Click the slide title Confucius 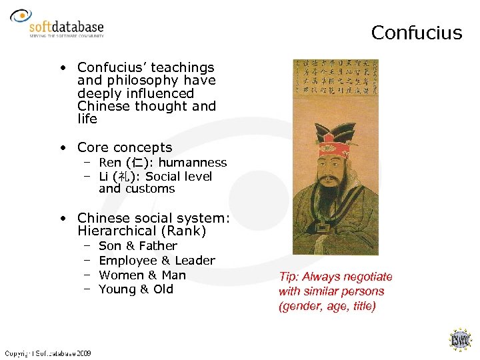[x=416, y=33]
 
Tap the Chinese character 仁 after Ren [x=135, y=163]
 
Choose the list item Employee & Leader [x=157, y=261]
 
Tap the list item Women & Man [x=142, y=275]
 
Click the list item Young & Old [x=136, y=289]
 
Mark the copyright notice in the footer [x=48, y=353]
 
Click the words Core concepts [x=124, y=147]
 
